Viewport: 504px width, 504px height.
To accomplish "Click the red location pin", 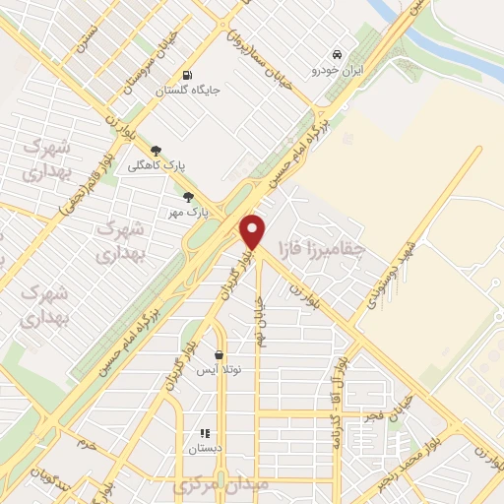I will click(x=253, y=231).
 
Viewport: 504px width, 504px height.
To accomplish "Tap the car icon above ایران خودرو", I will click(x=338, y=54).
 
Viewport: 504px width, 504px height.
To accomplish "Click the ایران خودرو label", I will click(x=338, y=71).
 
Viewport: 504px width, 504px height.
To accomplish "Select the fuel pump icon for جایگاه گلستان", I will click(x=186, y=76).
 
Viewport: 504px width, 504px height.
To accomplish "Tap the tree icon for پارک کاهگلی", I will click(x=156, y=151).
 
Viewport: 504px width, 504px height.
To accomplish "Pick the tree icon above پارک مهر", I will click(x=188, y=197).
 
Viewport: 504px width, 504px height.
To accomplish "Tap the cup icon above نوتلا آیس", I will click(x=218, y=355).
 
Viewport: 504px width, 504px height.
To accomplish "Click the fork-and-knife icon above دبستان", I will click(x=205, y=432).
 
